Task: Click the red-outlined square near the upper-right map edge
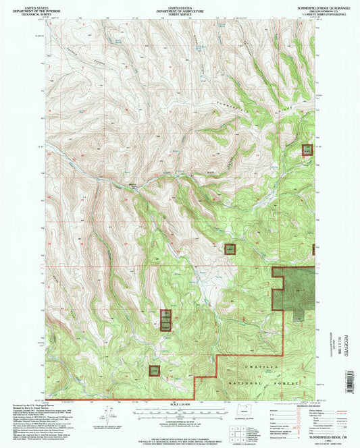tap(307, 150)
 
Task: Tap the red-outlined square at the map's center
tap(230, 249)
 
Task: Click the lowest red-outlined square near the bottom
tap(155, 371)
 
